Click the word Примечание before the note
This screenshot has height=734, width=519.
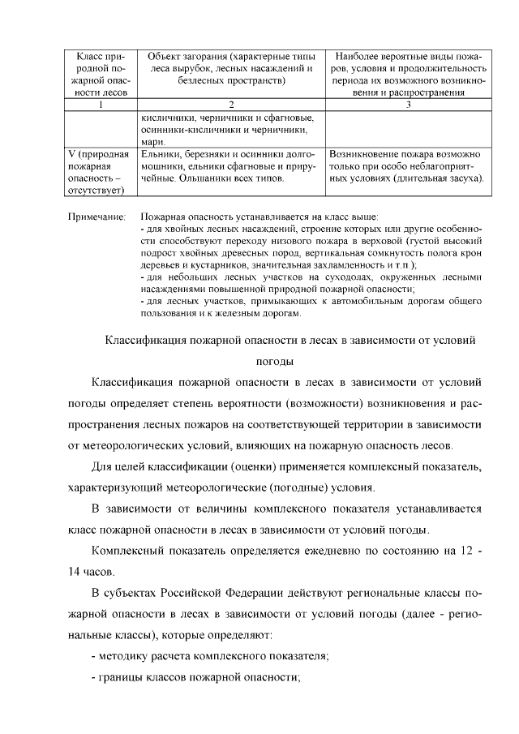[97, 218]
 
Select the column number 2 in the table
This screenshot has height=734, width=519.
[231, 105]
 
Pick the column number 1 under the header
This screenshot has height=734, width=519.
[99, 105]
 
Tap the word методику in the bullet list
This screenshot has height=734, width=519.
[128, 656]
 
